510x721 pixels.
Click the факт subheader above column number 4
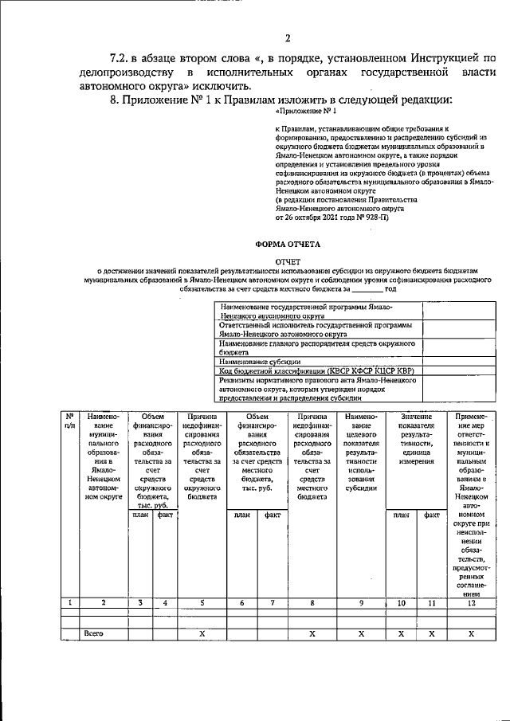tap(165, 515)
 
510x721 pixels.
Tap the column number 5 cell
tap(202, 603)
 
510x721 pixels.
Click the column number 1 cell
tap(70, 603)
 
